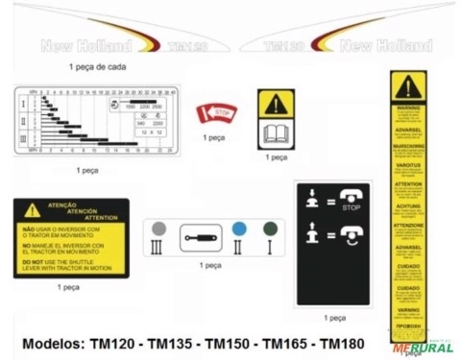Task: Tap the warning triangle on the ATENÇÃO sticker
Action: click(33, 209)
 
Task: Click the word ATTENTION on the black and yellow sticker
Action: click(72, 218)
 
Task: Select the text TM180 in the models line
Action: click(344, 343)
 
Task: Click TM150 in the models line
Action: click(230, 343)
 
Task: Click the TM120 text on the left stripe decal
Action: click(181, 45)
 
